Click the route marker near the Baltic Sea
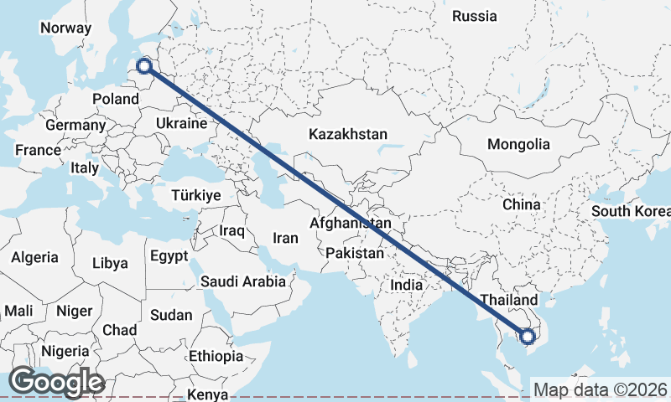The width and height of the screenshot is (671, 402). point(144,66)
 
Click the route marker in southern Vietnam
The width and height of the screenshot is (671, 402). point(528,337)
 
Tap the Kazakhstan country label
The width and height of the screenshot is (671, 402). point(348,134)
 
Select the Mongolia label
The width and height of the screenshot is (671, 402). point(518,144)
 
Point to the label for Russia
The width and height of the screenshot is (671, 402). point(475,16)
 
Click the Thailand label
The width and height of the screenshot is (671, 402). point(509,300)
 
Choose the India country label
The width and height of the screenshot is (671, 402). point(406,285)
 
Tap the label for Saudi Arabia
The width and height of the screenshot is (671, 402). point(243,282)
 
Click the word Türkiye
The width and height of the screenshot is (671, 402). point(195,195)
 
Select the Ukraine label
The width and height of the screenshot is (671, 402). point(180,123)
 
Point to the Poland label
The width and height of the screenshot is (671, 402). point(116,99)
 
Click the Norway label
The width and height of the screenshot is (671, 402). point(65,28)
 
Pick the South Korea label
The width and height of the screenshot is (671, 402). point(630,210)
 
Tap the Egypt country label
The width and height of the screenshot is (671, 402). point(170,255)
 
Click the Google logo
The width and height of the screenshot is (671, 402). point(56,382)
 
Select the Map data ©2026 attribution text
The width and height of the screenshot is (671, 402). point(601,389)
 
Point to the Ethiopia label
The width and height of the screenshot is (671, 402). point(216,356)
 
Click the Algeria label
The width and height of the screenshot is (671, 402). point(35,258)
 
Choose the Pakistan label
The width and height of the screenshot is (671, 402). point(356,253)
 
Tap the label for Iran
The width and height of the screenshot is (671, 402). point(285,239)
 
